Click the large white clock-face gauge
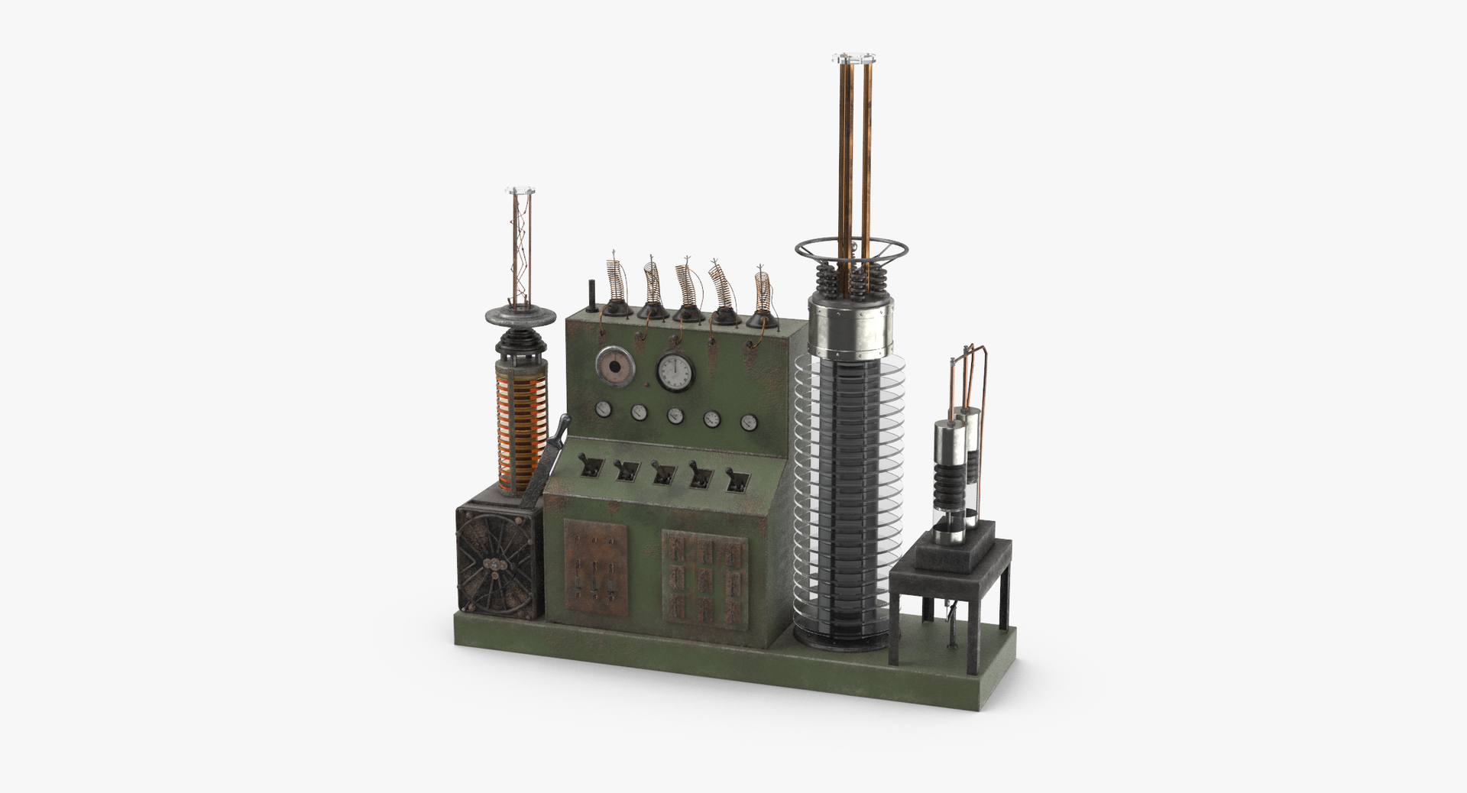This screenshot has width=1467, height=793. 675,371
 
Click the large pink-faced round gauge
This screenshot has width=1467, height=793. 616,366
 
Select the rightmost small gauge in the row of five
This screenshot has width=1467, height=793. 748,422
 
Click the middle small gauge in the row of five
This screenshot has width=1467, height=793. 675,416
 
